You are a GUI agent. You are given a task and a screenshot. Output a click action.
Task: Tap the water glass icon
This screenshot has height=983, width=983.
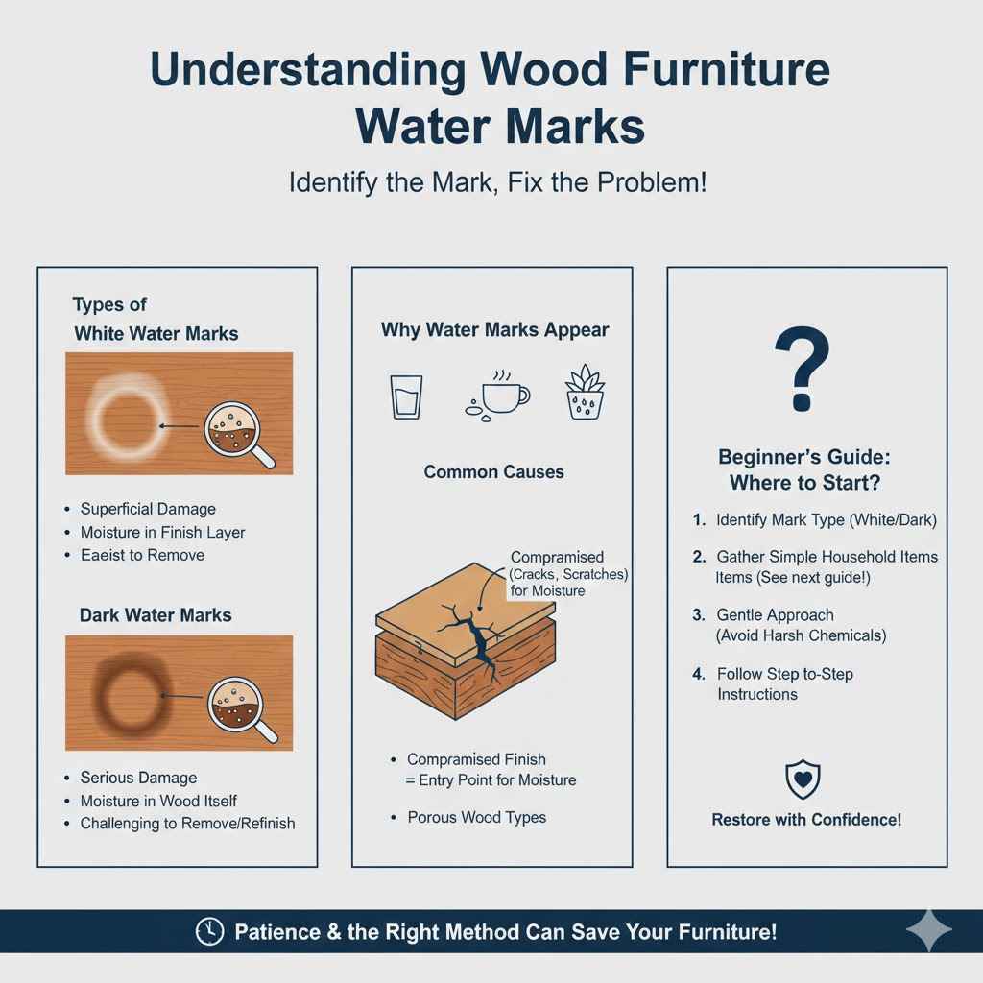pyautogui.click(x=405, y=396)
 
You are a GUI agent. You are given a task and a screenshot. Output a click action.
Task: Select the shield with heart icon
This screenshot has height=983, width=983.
pyautogui.click(x=803, y=779)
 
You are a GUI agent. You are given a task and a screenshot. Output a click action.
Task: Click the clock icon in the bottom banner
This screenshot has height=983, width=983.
pyautogui.click(x=208, y=931)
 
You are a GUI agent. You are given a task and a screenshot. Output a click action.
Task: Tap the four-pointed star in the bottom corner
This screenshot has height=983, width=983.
pyautogui.click(x=928, y=931)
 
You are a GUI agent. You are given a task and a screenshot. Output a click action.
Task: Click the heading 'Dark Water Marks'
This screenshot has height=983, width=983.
pyautogui.click(x=153, y=614)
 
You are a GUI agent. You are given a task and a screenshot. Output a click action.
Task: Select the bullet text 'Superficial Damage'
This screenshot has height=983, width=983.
pyautogui.click(x=148, y=509)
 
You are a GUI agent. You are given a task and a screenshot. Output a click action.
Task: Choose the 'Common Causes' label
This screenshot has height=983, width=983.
pyautogui.click(x=494, y=472)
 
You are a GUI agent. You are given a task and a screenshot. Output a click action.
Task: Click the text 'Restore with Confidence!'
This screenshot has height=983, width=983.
pyautogui.click(x=806, y=820)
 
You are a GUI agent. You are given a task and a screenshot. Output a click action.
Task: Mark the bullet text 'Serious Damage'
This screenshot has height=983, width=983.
pyautogui.click(x=138, y=778)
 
